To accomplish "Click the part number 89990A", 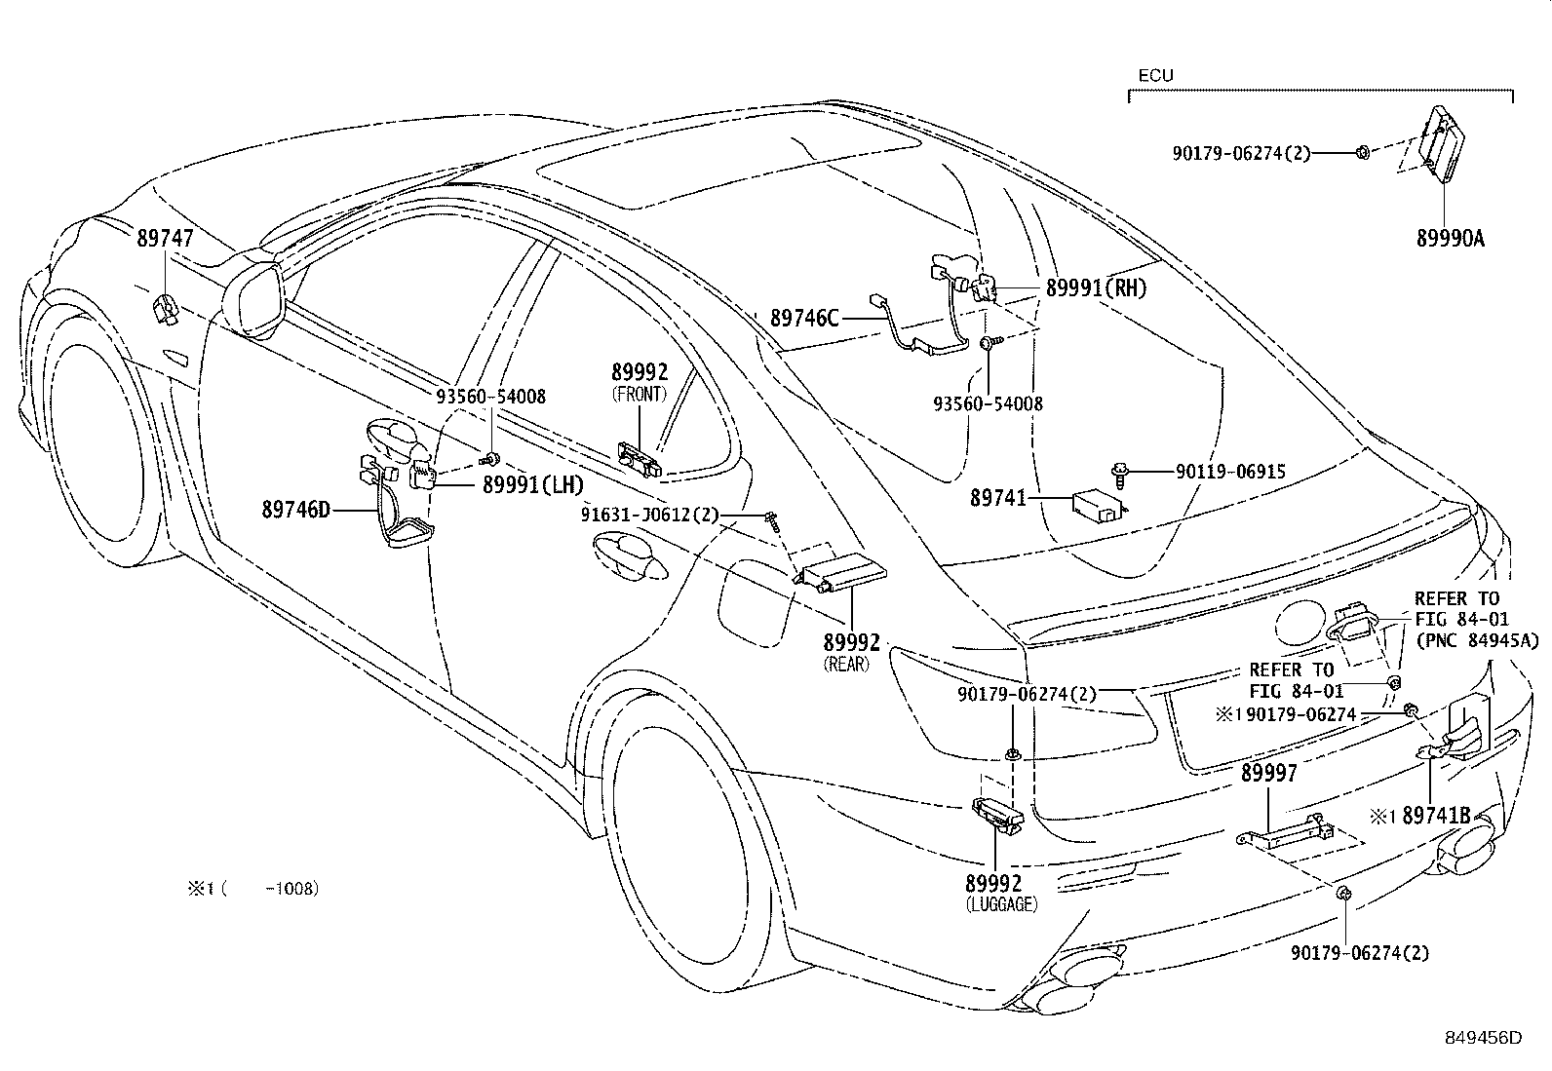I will [x=1450, y=238].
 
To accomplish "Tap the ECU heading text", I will [x=1155, y=75].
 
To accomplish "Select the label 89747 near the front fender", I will [x=165, y=237].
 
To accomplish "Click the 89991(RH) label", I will [x=1096, y=287].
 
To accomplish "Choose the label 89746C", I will [x=804, y=317].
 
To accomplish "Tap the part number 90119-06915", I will [x=1230, y=472].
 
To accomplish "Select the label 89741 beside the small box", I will [x=997, y=498].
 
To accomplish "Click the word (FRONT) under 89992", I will [x=640, y=394].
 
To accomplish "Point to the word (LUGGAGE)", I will [x=1001, y=903].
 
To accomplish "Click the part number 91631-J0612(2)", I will [x=650, y=516].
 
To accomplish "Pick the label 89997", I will [x=1268, y=773].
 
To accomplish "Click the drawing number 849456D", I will [x=1484, y=1038].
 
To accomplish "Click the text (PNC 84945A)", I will [x=1475, y=640].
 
